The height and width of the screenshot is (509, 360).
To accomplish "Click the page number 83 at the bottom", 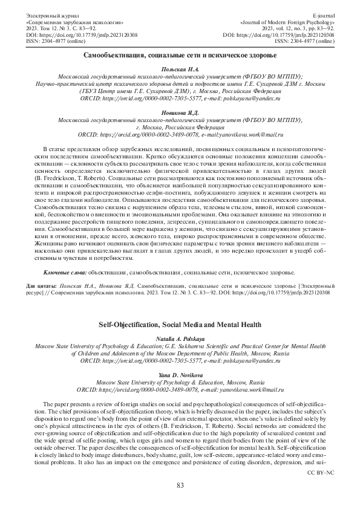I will (180, 485).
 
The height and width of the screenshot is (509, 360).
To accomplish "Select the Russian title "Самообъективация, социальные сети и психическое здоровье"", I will (180, 56).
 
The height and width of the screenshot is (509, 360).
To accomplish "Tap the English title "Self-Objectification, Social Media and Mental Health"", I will (180, 325).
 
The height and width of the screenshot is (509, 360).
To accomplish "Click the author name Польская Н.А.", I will (180, 71).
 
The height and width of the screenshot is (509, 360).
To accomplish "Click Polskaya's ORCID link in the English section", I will (148, 360).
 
